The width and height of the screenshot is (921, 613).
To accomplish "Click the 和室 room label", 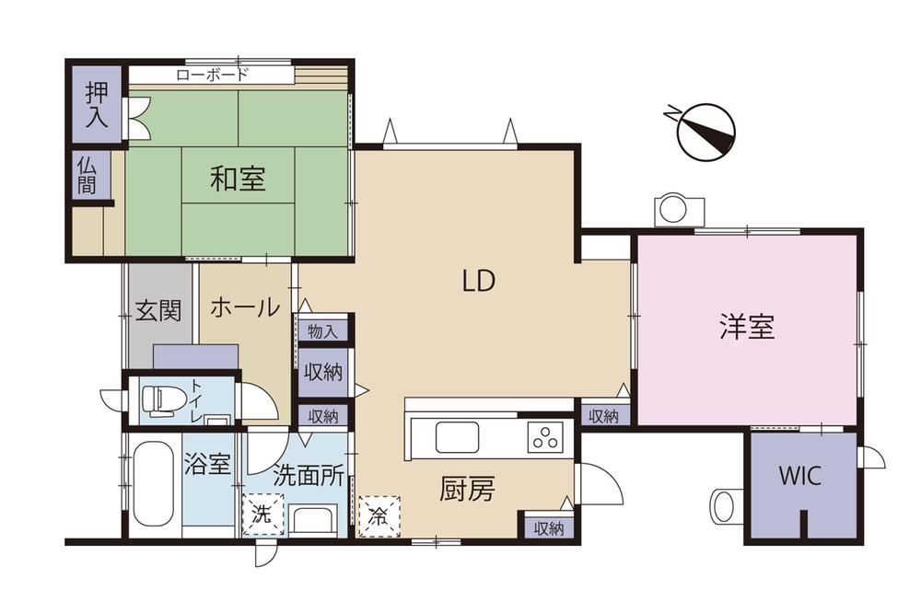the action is pos(238,179).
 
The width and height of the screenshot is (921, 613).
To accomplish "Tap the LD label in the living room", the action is pos(479,282).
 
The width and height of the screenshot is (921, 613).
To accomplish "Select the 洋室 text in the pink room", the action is pos(747,326).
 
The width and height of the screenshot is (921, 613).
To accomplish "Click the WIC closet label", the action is pos(799,475).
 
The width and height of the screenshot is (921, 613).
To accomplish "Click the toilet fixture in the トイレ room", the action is pos(157,400).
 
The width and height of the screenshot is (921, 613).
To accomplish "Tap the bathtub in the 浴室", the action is pos(153,485).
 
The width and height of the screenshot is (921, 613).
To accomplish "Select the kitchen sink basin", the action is pos(457,437).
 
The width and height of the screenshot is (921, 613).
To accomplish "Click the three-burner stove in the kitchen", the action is pos(545,437).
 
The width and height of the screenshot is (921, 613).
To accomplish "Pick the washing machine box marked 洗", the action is pos(262,515).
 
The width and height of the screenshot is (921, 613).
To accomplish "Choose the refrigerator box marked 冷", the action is pos(379,515).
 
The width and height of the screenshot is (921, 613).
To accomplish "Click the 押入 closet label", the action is pos(97,104).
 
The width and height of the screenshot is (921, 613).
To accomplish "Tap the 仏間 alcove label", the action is pos(87,175).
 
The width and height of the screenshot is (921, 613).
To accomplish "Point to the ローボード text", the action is pos(212,75).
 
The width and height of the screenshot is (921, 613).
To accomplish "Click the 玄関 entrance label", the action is pos(158,310).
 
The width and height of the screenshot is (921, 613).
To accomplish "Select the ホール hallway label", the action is pos(244,307).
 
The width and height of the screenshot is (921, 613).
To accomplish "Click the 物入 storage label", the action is pos(323,331).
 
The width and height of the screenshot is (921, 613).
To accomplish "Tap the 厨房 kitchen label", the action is pos(467,489).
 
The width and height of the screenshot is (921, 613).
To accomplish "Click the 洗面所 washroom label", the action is pos(309,476).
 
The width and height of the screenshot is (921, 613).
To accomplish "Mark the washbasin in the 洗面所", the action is pos(314,519).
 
